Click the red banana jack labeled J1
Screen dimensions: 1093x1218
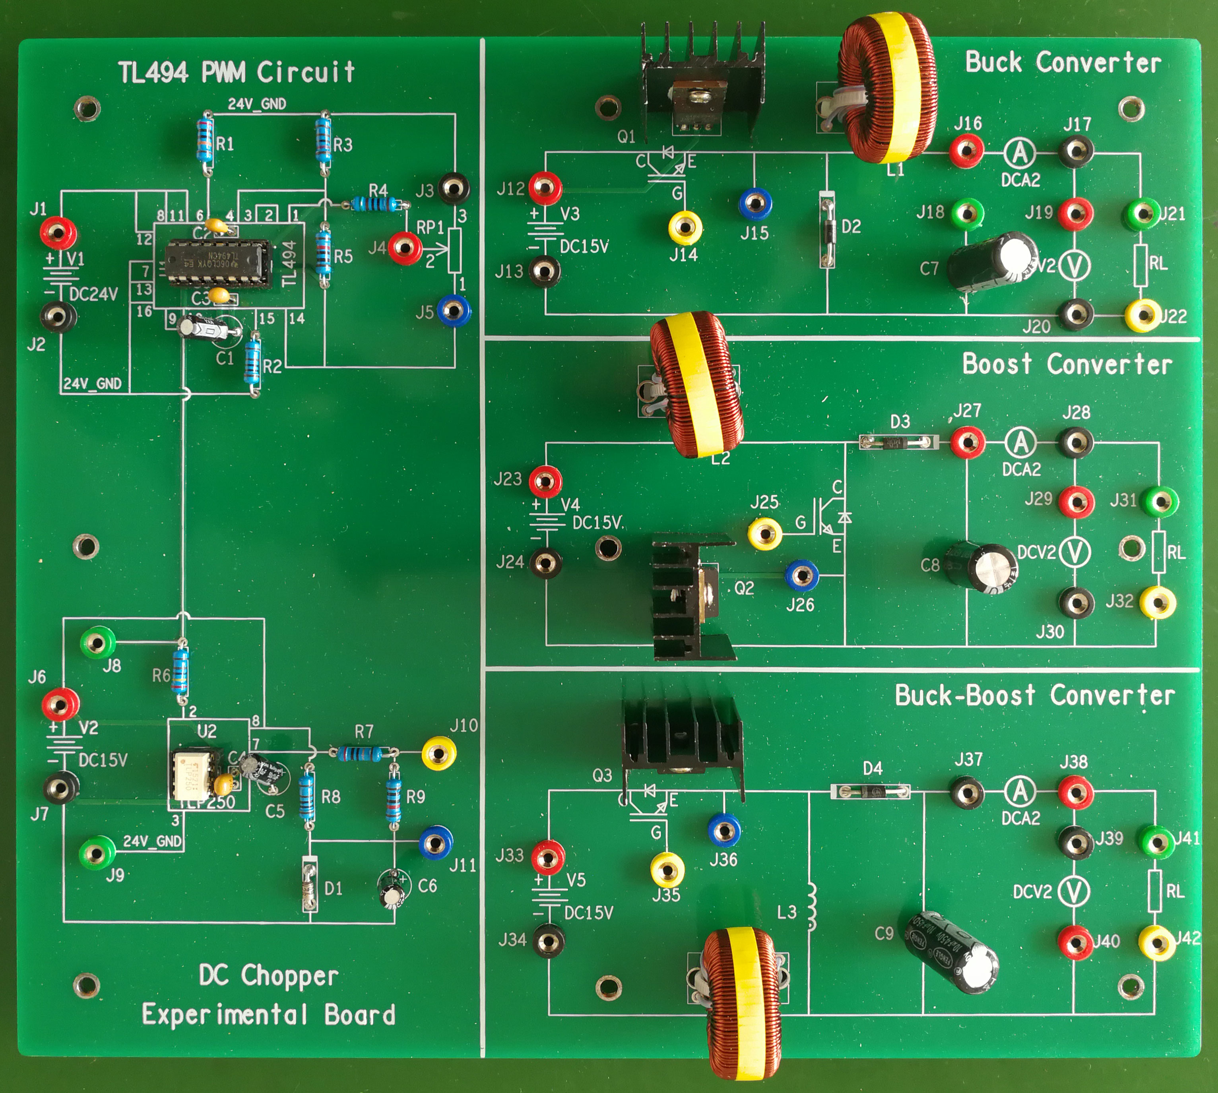pyautogui.click(x=58, y=232)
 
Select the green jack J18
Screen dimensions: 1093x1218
pyautogui.click(x=967, y=213)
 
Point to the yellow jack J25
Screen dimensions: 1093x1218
pyautogui.click(x=764, y=533)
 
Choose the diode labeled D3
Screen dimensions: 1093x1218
pyautogui.click(x=898, y=443)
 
